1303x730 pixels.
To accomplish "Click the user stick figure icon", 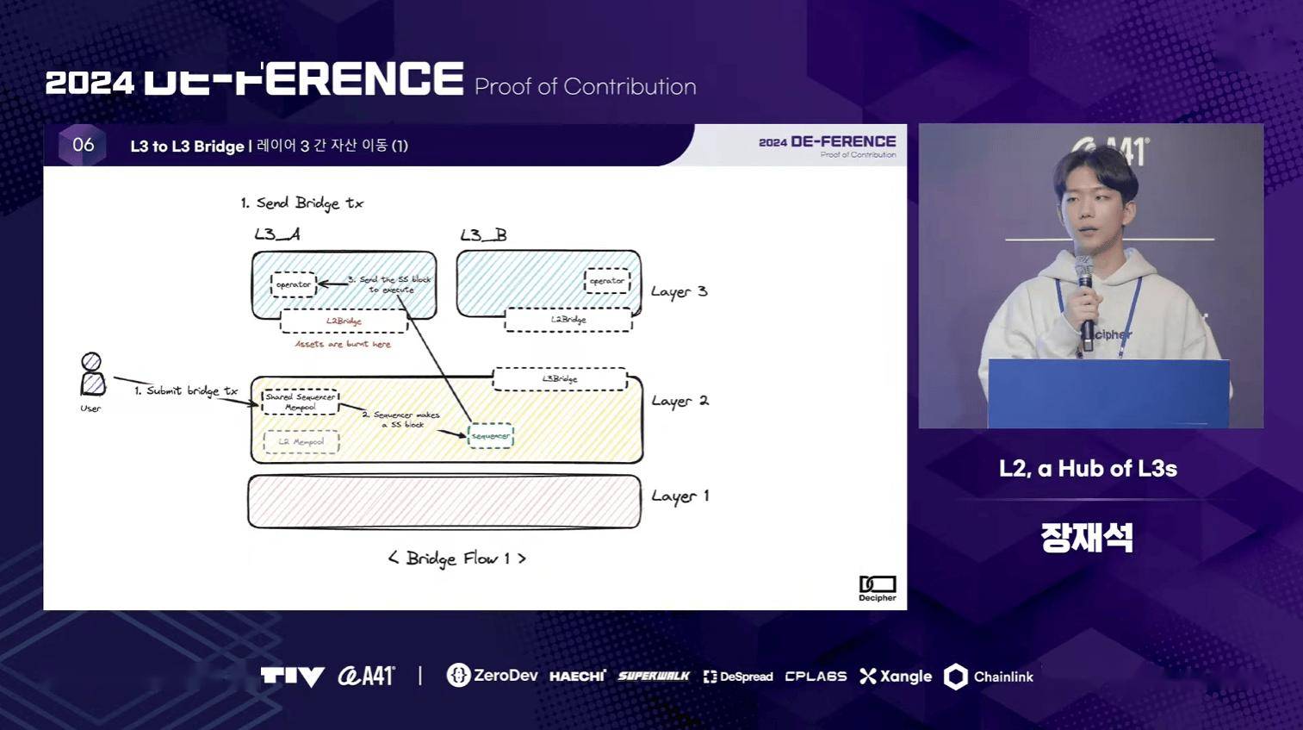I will pos(92,376).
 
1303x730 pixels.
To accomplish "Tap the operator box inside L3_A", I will pos(294,284).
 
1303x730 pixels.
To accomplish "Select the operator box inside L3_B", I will pos(607,281).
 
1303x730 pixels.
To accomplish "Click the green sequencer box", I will pos(490,436).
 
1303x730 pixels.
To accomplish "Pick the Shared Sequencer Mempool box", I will pos(301,402).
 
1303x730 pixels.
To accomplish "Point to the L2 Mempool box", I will pos(301,442).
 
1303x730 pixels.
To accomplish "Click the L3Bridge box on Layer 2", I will pos(560,379).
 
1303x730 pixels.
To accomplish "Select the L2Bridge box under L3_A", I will pos(344,321).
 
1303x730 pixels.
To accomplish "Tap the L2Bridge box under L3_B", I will pos(568,320).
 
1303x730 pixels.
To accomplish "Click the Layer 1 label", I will pos(679,496).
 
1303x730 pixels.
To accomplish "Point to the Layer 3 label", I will pos(679,292).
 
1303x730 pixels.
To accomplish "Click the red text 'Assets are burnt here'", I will pos(343,344).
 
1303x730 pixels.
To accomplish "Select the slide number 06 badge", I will pos(83,145).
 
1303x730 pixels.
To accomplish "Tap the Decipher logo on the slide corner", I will pos(878,588).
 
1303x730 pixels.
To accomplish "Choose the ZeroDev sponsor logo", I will pos(492,676).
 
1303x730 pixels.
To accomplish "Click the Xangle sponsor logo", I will pos(896,677).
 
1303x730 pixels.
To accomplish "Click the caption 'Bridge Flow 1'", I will pos(456,558).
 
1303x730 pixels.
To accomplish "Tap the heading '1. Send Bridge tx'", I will pos(302,203).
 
